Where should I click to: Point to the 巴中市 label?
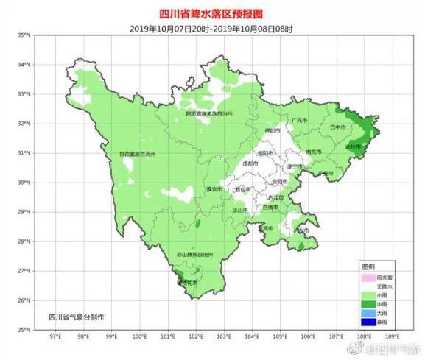pos(338,126)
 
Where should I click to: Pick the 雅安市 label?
pos(214,188)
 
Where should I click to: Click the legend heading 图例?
pos(368,265)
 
